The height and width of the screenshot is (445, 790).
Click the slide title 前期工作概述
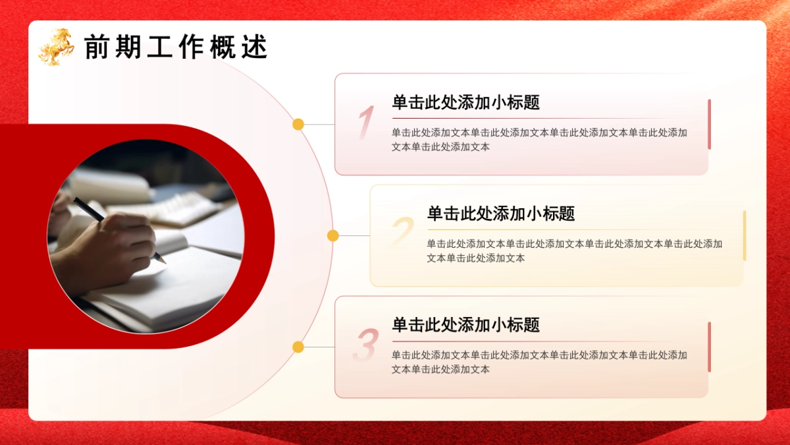176,47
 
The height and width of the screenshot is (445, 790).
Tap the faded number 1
365,123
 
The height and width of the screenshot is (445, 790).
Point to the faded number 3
365,345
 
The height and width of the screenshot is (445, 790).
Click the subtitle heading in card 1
466,102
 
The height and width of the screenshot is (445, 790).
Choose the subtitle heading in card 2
501,214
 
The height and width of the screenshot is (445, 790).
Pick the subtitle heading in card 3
466,325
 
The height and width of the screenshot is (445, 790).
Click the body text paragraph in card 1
539,140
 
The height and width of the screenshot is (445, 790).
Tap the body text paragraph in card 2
574,251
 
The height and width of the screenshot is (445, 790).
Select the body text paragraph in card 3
539,362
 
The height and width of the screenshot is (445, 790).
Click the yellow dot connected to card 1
298,124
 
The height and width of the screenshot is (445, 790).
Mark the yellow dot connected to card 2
333,235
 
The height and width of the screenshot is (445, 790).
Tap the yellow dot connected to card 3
298,347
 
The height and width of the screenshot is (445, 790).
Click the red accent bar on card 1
709,124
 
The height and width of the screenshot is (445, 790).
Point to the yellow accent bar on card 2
745,235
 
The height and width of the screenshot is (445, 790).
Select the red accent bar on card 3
709,347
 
